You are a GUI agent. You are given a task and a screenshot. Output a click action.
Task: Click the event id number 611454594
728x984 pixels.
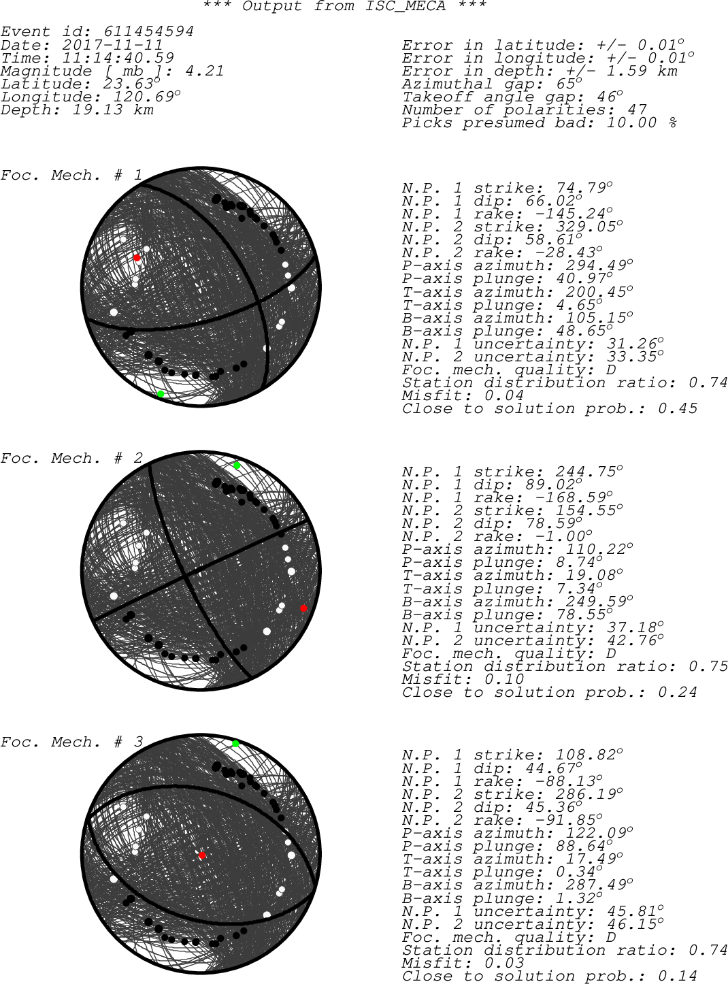coord(148,31)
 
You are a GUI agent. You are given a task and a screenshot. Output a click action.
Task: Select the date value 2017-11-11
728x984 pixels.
coord(113,45)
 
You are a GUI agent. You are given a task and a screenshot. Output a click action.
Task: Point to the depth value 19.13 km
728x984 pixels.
coord(113,110)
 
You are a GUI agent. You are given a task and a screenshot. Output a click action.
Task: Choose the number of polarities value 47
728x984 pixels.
coord(637,110)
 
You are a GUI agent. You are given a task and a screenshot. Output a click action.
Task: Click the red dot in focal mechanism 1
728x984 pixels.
coord(137,258)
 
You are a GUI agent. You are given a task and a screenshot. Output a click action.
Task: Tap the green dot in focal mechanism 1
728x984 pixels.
coord(161,393)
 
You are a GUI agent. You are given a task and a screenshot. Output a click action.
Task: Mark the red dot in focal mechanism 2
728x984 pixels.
coord(303,608)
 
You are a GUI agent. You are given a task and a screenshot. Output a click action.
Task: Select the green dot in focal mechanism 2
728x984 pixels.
coord(237,465)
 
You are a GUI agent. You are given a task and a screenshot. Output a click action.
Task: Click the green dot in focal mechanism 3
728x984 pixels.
coord(235,744)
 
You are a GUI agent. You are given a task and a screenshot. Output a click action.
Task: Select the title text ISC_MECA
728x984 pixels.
coord(405,6)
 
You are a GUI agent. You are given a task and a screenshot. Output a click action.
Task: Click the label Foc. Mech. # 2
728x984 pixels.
coord(71,458)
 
